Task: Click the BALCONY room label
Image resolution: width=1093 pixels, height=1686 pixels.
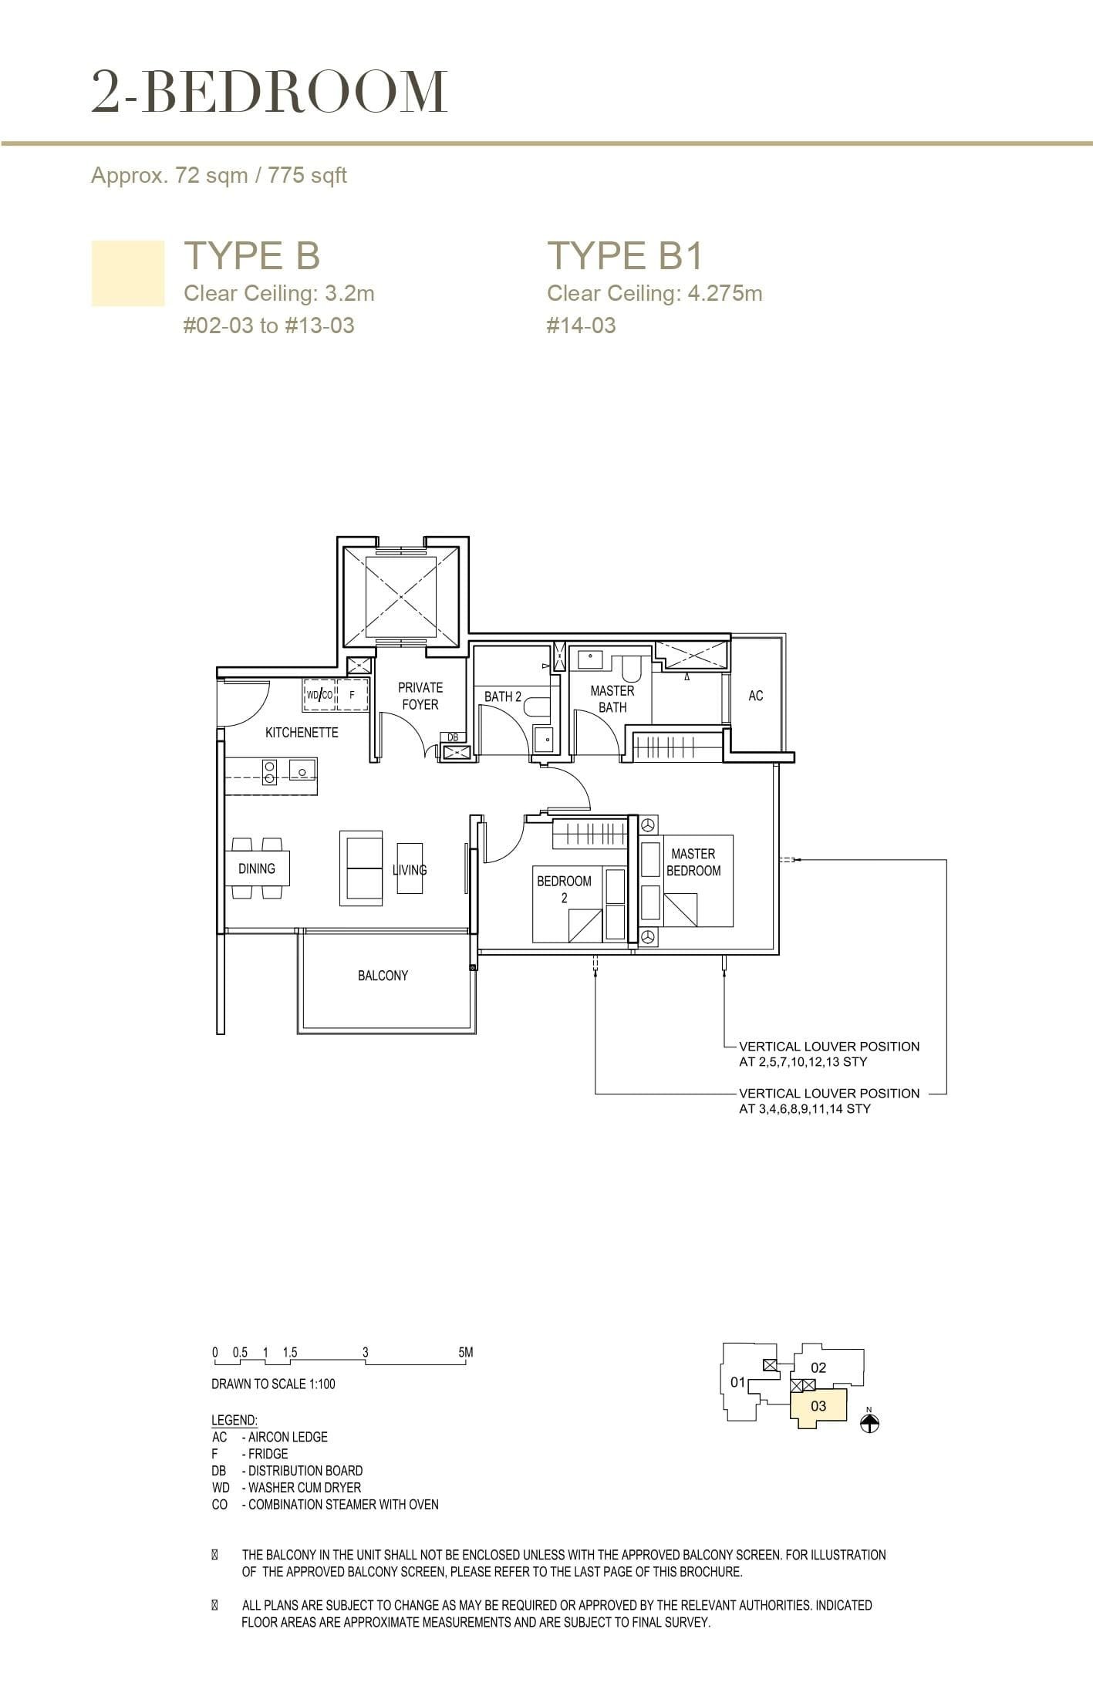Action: (x=383, y=976)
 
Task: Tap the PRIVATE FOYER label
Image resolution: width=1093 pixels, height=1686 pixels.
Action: (x=420, y=696)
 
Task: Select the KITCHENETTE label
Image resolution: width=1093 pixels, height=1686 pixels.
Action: (x=302, y=732)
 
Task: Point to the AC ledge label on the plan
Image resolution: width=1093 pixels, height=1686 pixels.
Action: (x=755, y=696)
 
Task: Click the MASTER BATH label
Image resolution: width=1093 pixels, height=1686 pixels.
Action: (x=612, y=699)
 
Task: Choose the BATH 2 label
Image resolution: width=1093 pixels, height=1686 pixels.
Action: (x=502, y=696)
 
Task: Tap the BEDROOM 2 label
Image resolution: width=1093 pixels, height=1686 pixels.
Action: (x=564, y=889)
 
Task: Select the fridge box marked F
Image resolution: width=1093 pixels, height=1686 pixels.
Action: (x=353, y=695)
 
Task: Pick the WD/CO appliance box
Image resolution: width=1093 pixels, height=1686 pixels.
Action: (x=319, y=695)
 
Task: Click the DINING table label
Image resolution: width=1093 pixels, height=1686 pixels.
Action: (x=257, y=868)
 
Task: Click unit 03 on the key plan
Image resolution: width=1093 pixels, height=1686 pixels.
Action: (x=818, y=1406)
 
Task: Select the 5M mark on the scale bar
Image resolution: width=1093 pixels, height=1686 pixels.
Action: (x=465, y=1352)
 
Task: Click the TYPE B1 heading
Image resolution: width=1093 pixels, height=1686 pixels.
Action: (x=625, y=255)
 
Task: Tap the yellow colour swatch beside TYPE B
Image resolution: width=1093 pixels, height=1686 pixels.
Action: (x=128, y=273)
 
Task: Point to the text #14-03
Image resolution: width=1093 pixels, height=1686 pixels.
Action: (x=581, y=325)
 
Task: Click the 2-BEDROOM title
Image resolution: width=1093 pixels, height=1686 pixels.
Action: (x=269, y=92)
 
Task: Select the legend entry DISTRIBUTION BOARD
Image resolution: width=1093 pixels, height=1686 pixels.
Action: (x=305, y=1471)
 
